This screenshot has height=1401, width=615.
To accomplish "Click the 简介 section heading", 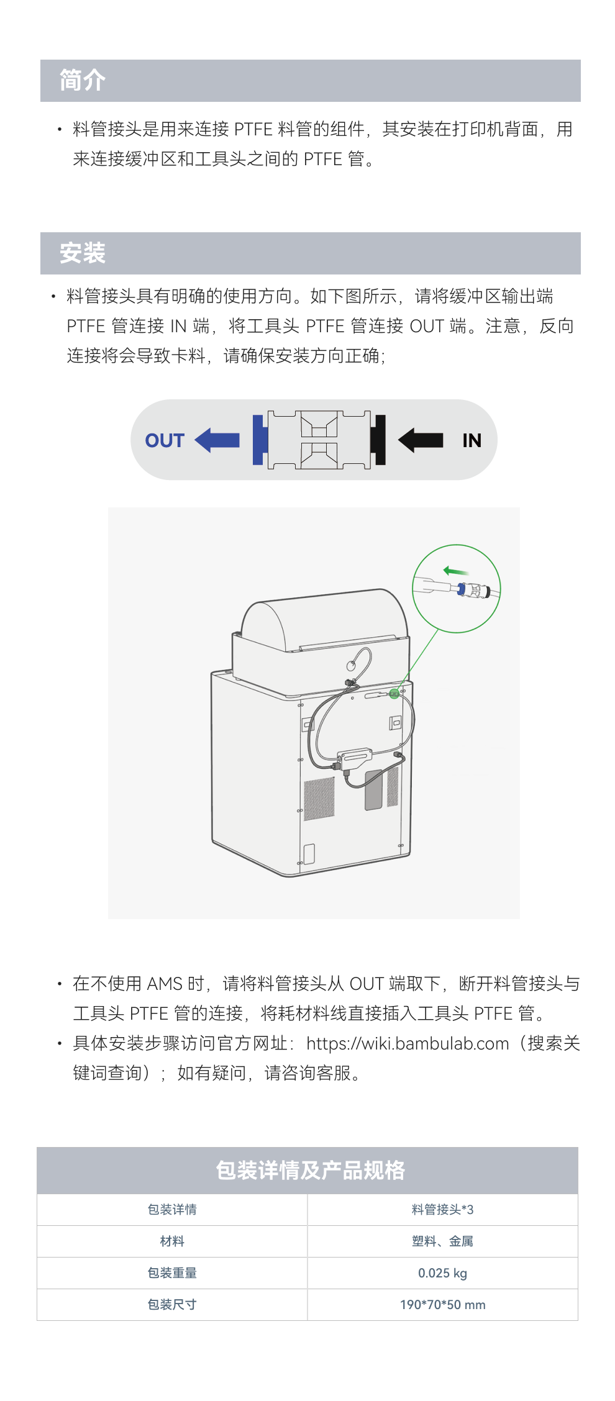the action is [x=83, y=81].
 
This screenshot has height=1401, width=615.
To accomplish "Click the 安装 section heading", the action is [x=83, y=253].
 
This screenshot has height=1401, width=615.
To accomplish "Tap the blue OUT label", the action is [x=165, y=440].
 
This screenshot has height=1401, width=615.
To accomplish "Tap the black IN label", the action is [x=471, y=440].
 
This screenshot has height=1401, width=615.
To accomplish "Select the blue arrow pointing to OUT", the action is [x=217, y=440].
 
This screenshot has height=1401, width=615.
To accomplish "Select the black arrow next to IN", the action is [x=421, y=440].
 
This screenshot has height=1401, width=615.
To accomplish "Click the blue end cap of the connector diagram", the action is [x=260, y=440].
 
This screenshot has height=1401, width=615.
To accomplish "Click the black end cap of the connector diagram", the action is [x=378, y=440].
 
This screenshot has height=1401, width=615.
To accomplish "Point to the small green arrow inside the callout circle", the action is [x=455, y=571].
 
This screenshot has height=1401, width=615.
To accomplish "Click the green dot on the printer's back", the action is [x=394, y=694].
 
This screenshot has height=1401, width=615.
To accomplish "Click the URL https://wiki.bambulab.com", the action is [x=408, y=1043].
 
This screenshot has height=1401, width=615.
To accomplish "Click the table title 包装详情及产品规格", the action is [x=310, y=1171].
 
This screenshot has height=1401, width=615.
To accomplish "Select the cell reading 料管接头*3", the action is [x=442, y=1210].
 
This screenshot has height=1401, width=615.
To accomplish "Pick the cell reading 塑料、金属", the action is [x=442, y=1241].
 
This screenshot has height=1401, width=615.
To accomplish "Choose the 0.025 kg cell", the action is [x=442, y=1273].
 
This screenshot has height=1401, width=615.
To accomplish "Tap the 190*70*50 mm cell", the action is [x=442, y=1305].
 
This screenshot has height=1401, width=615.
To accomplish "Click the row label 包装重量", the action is [x=172, y=1273].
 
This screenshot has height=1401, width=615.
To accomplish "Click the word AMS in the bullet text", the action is [x=165, y=984].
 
